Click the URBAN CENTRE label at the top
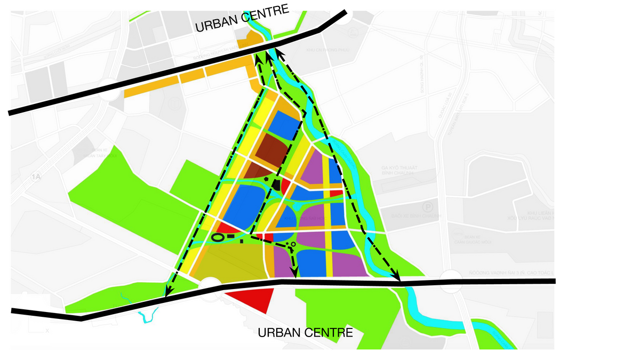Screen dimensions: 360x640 click(242, 19)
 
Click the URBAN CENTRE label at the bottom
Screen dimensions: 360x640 click(305, 333)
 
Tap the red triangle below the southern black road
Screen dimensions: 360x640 click(254, 299)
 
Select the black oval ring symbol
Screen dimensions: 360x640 click(218, 237)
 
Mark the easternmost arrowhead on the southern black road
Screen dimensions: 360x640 click(397, 278)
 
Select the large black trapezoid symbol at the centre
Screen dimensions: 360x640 click(276, 185)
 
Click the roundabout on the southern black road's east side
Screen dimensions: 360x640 click(452, 281)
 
